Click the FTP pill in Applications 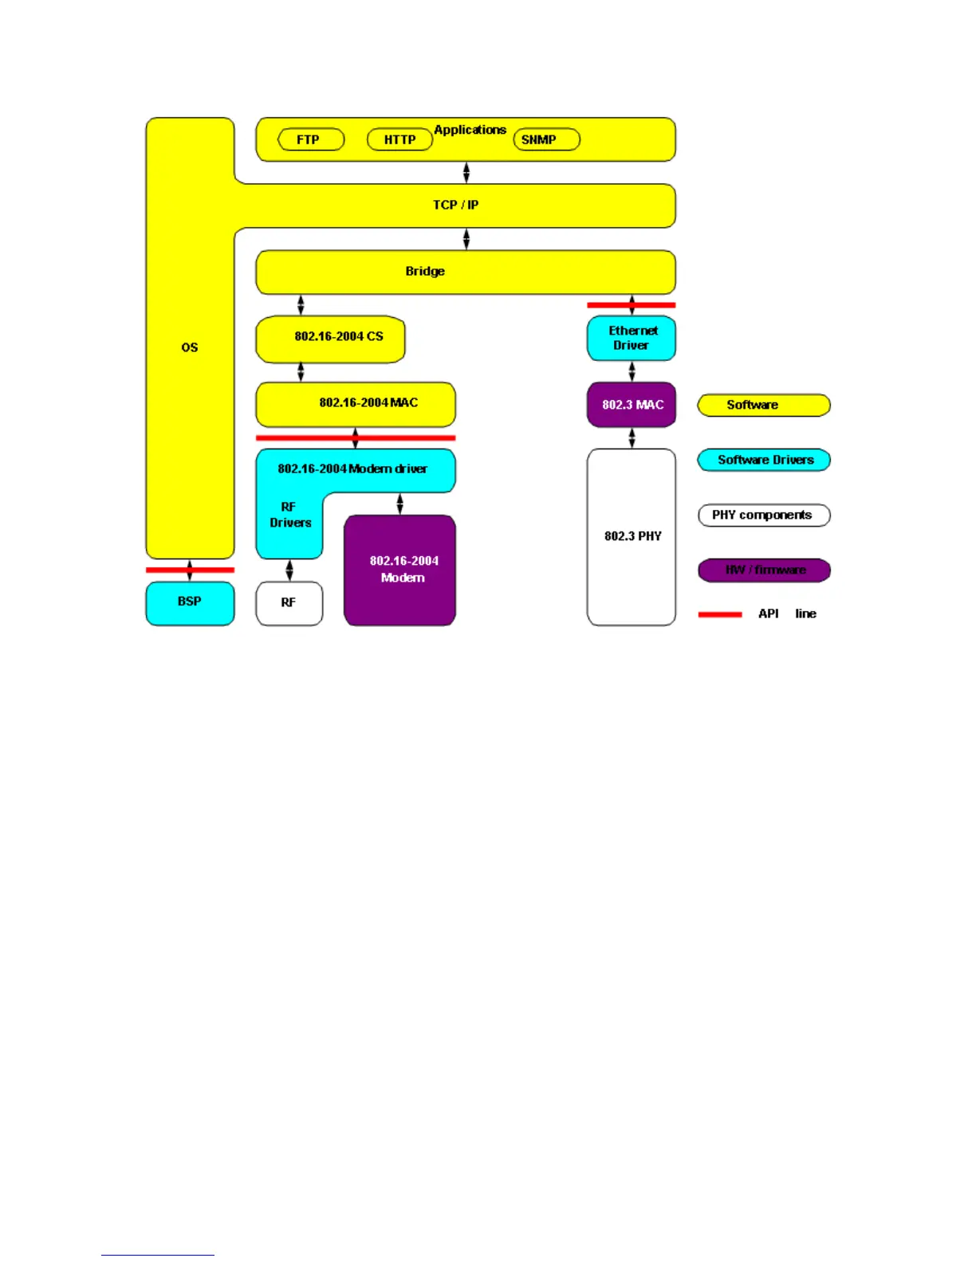click(x=311, y=139)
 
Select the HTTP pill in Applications click(x=399, y=139)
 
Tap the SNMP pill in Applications click(x=546, y=139)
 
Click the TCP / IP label click(x=455, y=205)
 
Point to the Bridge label click(x=425, y=271)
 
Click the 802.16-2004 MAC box click(x=356, y=404)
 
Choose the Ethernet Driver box click(x=632, y=338)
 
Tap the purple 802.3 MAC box click(x=632, y=405)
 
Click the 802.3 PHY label click(x=632, y=536)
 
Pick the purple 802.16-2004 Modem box click(x=400, y=570)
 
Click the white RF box click(x=289, y=603)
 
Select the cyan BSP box click(x=190, y=602)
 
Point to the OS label click(x=190, y=347)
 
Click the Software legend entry click(x=764, y=405)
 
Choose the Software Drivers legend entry click(x=764, y=460)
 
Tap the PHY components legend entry click(x=764, y=515)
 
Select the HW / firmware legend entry click(x=764, y=570)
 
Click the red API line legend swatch click(x=720, y=614)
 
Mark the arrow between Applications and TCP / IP click(x=466, y=173)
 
